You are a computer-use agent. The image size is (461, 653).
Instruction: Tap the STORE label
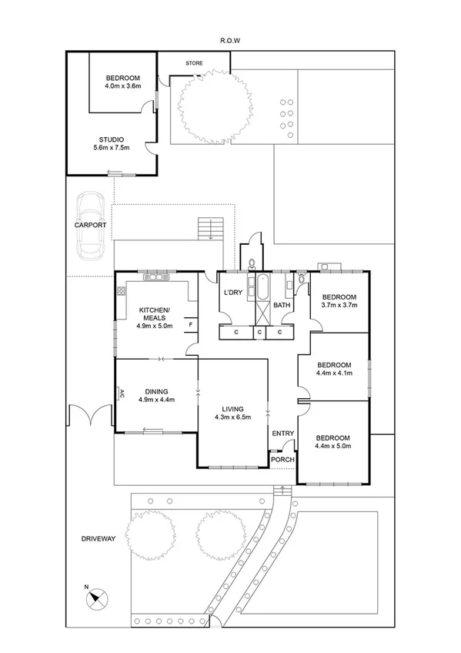(x=193, y=63)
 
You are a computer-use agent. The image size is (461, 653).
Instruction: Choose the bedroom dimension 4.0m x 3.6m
(x=122, y=87)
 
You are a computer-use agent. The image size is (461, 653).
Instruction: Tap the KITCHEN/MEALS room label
(x=154, y=317)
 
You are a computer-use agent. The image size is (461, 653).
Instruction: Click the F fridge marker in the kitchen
(x=191, y=325)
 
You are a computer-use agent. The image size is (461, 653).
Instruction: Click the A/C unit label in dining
(x=122, y=393)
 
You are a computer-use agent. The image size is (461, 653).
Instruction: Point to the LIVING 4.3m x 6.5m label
(x=232, y=414)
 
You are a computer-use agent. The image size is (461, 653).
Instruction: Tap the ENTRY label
(x=282, y=434)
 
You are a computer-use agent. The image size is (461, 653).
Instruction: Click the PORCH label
(x=282, y=460)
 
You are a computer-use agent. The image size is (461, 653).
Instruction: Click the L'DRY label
(x=232, y=293)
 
